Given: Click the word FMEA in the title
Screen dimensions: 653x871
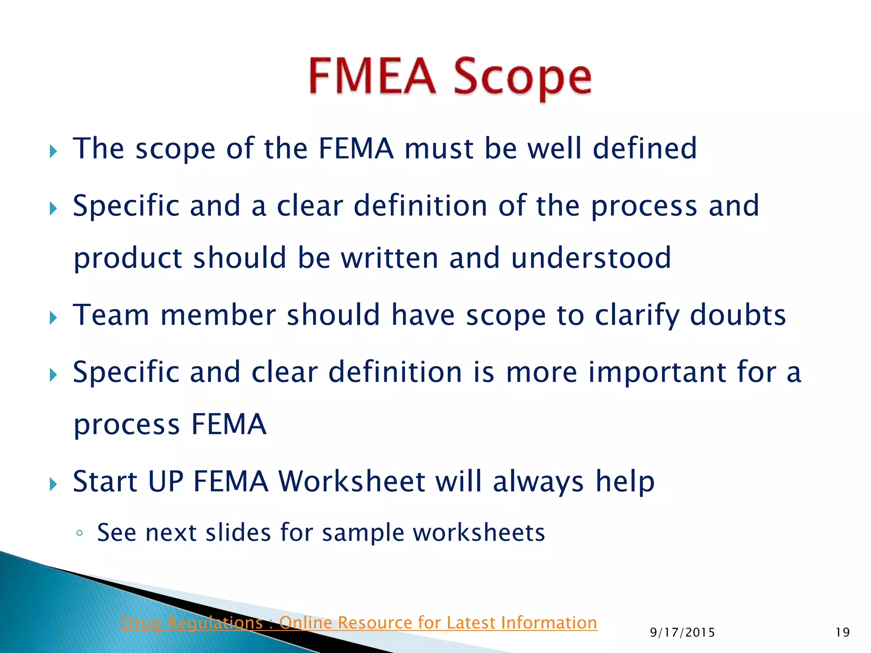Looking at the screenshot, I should click(372, 77).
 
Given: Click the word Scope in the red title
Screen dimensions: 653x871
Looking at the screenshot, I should click(522, 79).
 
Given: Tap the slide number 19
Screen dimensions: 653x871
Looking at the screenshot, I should click(843, 633).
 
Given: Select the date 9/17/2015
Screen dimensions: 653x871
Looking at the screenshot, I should click(682, 633).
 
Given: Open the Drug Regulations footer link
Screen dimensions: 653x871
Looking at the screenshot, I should click(359, 623).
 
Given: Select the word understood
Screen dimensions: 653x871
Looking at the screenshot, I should click(591, 258).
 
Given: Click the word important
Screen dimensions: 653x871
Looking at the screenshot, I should click(658, 372).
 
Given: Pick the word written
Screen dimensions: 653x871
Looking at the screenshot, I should click(390, 258).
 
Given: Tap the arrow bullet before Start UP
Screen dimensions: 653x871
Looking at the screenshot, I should click(53, 484).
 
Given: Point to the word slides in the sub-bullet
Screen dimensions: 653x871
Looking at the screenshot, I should click(238, 532).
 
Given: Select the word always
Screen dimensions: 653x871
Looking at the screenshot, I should click(538, 482).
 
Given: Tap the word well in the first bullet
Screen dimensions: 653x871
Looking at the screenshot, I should click(555, 148).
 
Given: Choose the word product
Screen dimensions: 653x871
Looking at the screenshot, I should click(128, 259).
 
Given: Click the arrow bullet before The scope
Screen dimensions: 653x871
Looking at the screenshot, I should click(53, 151).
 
